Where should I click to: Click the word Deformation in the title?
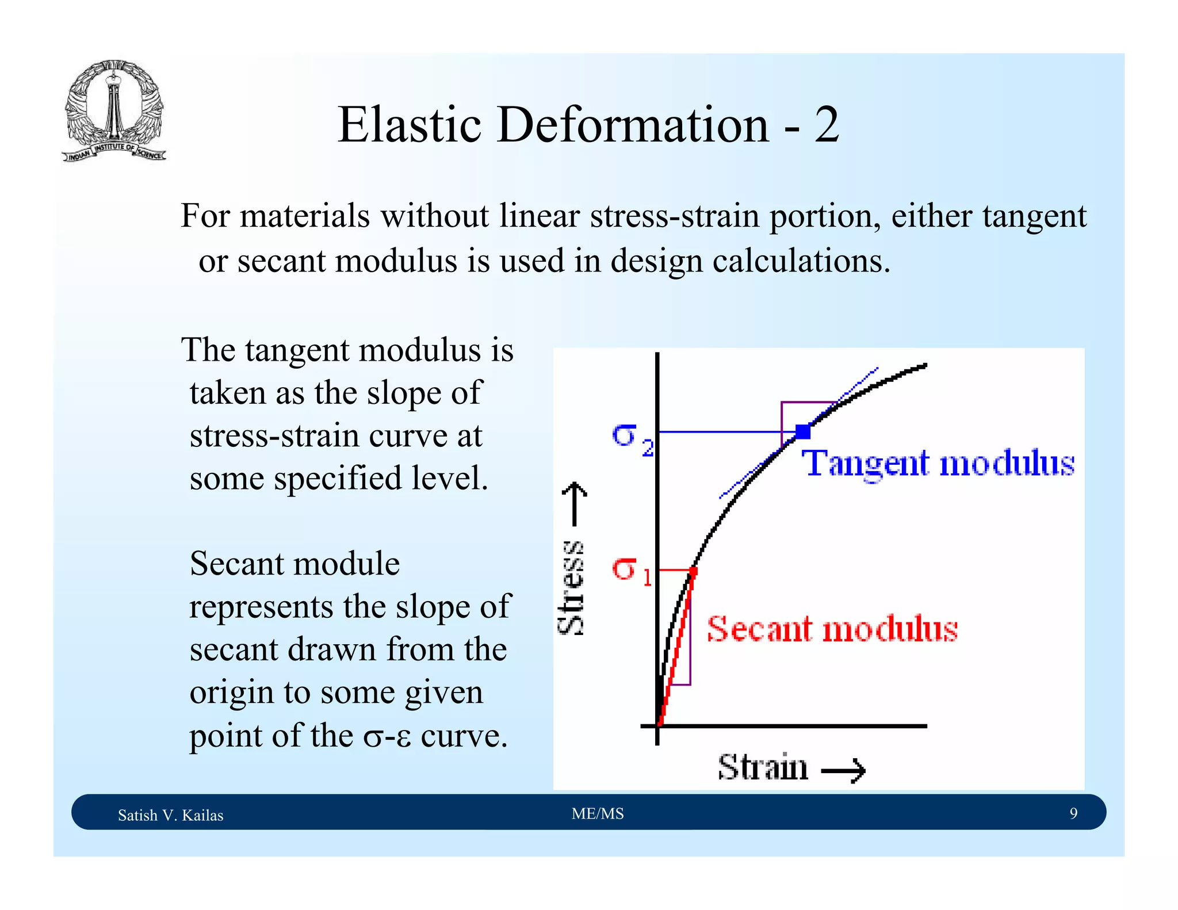coord(632,125)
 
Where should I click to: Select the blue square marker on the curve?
coord(802,431)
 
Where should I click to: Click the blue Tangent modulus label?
coord(938,464)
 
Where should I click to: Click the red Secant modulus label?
coord(832,629)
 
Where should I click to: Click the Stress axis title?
coord(572,587)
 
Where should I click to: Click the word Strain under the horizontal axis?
coord(763,767)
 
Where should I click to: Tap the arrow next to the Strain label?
coord(843,770)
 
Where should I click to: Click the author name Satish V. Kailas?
coord(170,815)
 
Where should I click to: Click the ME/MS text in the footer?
coord(598,813)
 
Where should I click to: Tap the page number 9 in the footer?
coord(1073,813)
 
